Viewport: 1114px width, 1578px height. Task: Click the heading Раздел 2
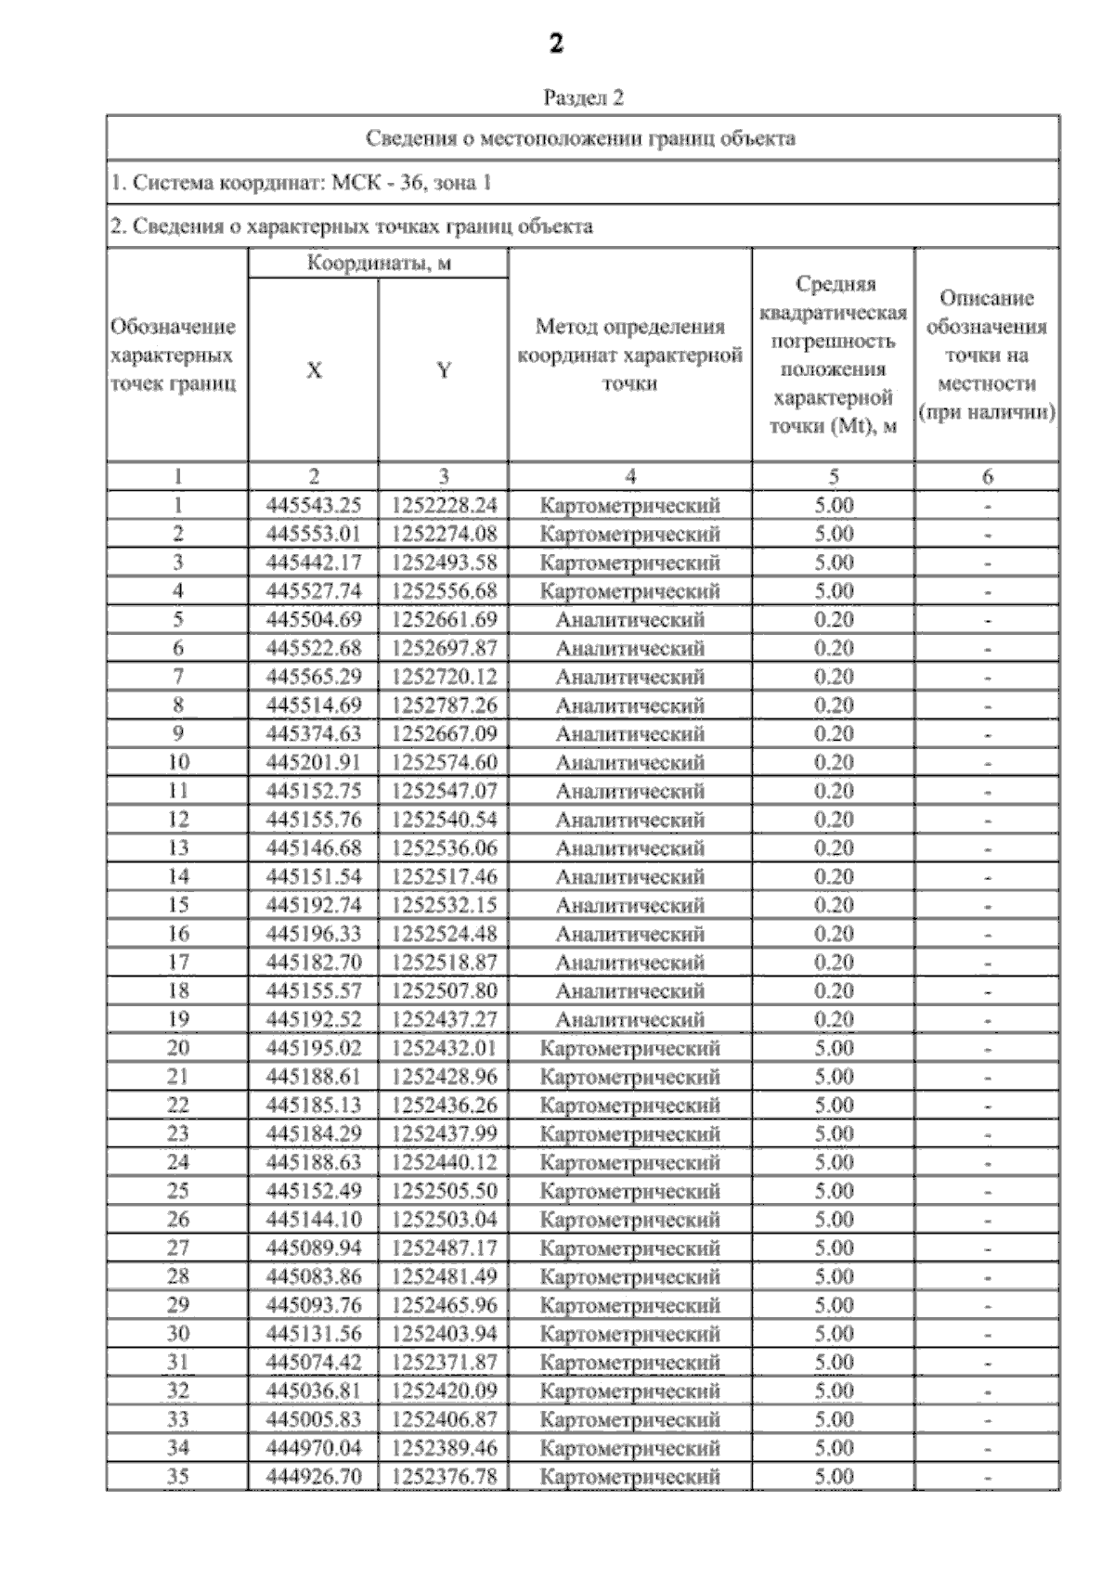583,97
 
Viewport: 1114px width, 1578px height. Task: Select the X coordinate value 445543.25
314,505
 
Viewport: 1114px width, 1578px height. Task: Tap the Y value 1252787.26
444,705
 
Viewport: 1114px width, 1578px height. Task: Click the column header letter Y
444,370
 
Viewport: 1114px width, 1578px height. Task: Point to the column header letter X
314,370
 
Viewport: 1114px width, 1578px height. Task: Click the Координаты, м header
379,264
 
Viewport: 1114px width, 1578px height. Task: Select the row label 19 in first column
177,1019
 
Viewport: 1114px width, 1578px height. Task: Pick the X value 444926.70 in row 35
314,1476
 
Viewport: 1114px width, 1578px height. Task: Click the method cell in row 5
629,620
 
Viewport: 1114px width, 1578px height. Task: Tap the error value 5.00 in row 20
834,1048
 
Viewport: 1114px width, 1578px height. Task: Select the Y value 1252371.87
444,1362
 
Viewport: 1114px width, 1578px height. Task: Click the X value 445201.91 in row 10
314,762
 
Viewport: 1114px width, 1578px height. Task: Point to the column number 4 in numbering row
629,477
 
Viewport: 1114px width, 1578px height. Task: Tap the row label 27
177,1248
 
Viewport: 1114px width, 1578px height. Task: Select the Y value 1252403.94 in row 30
444,1334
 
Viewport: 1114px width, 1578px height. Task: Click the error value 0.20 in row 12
834,820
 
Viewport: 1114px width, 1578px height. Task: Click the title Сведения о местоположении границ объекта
581,139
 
